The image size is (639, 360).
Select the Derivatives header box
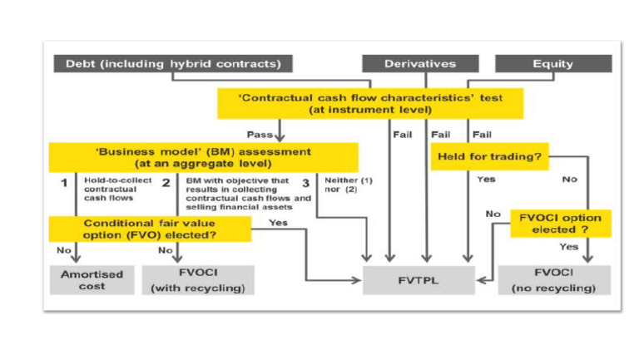(x=420, y=63)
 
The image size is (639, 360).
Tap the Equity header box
(x=553, y=63)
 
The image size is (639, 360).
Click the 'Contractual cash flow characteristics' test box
(x=371, y=102)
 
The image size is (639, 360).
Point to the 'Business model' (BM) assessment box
(x=203, y=157)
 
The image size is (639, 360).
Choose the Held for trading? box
(x=480, y=156)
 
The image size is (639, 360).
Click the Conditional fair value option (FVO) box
(x=151, y=229)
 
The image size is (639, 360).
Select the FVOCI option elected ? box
(x=556, y=222)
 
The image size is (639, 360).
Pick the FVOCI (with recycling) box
(x=198, y=280)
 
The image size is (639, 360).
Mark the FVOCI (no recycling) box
(x=553, y=280)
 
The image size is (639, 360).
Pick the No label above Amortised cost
(x=62, y=249)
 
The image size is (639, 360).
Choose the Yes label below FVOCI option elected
(x=569, y=246)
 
